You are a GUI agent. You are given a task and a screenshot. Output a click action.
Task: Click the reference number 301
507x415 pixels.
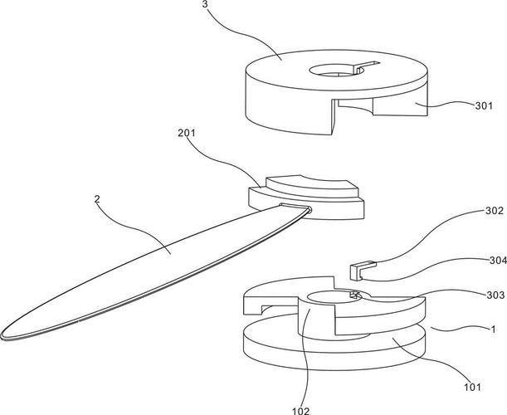484,105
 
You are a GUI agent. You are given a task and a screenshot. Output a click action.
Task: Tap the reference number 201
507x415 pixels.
187,133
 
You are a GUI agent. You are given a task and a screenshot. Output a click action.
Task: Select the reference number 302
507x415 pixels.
495,211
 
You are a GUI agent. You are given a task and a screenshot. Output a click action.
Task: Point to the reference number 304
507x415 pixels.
498,261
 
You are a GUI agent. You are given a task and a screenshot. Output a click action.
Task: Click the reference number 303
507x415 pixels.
495,295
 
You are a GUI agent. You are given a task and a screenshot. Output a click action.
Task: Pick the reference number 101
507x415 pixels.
472,387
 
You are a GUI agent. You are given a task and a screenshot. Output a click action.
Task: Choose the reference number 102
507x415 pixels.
300,411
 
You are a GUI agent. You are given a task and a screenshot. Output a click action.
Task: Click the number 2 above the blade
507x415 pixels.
97,199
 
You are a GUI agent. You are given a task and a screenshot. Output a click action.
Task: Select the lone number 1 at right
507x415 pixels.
493,330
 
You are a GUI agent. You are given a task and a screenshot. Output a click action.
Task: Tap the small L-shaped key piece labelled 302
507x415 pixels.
363,270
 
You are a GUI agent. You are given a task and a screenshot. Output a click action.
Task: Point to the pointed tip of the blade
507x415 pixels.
2,336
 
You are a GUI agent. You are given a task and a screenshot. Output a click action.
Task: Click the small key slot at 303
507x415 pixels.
355,295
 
